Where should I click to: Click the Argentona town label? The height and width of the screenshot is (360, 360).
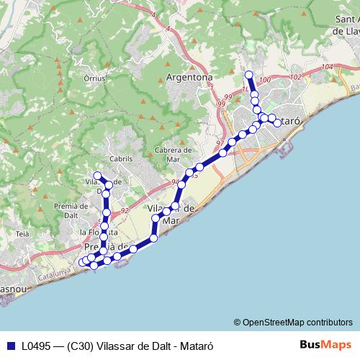tap(189, 77)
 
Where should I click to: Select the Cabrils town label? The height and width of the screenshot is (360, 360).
tap(122, 158)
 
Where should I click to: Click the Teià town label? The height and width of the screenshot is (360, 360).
tap(22, 234)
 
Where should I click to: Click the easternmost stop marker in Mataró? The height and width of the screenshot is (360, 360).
tap(278, 124)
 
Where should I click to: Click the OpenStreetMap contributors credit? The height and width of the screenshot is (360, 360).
tap(293, 322)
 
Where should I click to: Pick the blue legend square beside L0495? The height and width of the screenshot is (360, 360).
tap(10, 345)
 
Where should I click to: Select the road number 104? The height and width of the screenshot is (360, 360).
tap(328, 67)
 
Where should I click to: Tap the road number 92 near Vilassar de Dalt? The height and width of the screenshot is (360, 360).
tap(125, 210)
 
